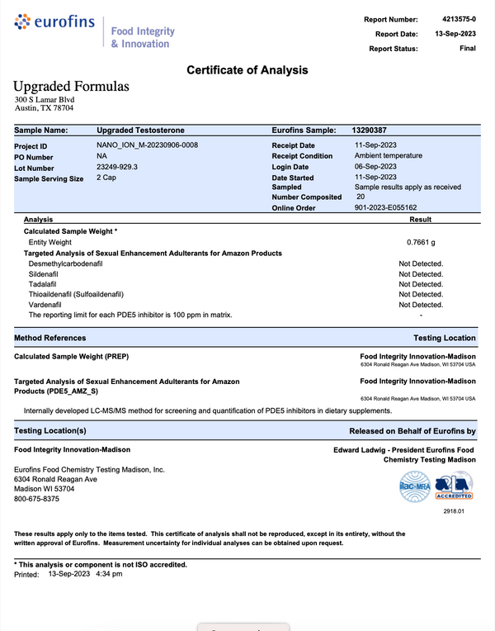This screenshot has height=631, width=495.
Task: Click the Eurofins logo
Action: pos(54,23)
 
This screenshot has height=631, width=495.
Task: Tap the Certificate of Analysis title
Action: pos(247,70)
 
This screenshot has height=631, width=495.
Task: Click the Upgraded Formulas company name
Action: pos(71,87)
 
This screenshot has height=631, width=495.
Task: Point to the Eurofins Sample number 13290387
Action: pos(370,130)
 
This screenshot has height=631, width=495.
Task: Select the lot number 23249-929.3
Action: pos(118,167)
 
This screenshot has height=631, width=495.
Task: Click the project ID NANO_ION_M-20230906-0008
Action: pos(148,145)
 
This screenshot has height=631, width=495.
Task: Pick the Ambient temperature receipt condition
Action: pos(388,156)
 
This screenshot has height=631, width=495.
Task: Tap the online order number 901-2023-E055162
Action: pos(385,208)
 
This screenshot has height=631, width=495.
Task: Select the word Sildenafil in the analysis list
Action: pos(45,273)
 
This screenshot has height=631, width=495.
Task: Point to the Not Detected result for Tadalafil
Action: pos(421,284)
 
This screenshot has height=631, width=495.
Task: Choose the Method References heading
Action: pos(49,338)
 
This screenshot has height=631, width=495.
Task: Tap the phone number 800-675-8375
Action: pos(37,499)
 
